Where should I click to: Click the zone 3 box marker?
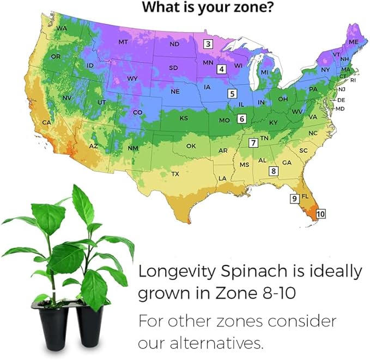pyautogui.click(x=208, y=44)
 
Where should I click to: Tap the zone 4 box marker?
pyautogui.click(x=221, y=69)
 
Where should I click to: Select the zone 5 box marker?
pyautogui.click(x=232, y=94)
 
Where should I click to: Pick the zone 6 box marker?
pyautogui.click(x=242, y=118)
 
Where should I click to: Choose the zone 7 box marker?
pyautogui.click(x=253, y=143)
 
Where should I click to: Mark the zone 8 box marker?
pyautogui.click(x=274, y=171)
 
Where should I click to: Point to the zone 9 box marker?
pyautogui.click(x=294, y=199)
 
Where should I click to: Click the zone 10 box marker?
pyautogui.click(x=320, y=214)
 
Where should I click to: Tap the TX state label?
pyautogui.click(x=175, y=174)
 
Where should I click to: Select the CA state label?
pyautogui.click(x=47, y=122)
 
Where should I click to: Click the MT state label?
pyautogui.click(x=123, y=42)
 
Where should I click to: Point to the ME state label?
pyautogui.click(x=354, y=42)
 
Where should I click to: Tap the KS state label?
pyautogui.click(x=184, y=118)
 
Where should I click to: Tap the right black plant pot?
pyautogui.click(x=90, y=327)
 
